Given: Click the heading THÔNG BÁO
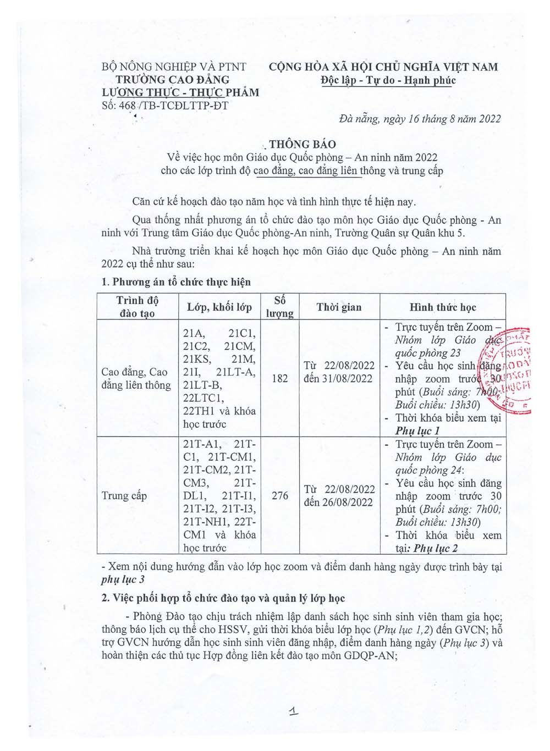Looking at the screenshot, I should pos(302,145).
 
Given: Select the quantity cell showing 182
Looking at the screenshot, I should pos(280,378).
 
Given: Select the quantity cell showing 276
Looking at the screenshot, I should pos(280,496).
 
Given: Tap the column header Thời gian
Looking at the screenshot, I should pos(339,307).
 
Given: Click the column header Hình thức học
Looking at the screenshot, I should pos(443,307).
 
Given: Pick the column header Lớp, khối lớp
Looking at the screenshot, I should pos(219,307).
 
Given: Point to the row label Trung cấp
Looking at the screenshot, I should pos(124,496).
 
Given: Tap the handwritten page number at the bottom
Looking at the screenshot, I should pos(294,711).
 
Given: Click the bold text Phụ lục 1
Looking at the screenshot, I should pos(417,431).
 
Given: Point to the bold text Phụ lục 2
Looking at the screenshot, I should pos(436,548).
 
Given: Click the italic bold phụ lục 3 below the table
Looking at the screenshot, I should pos(123,579).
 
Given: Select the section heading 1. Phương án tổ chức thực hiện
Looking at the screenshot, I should pos(176,282).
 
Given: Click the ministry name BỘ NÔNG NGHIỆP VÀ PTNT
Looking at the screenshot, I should pos(174,67).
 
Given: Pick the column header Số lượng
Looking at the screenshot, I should pos(280,307).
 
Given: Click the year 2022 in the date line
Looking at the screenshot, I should pos(489,119).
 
